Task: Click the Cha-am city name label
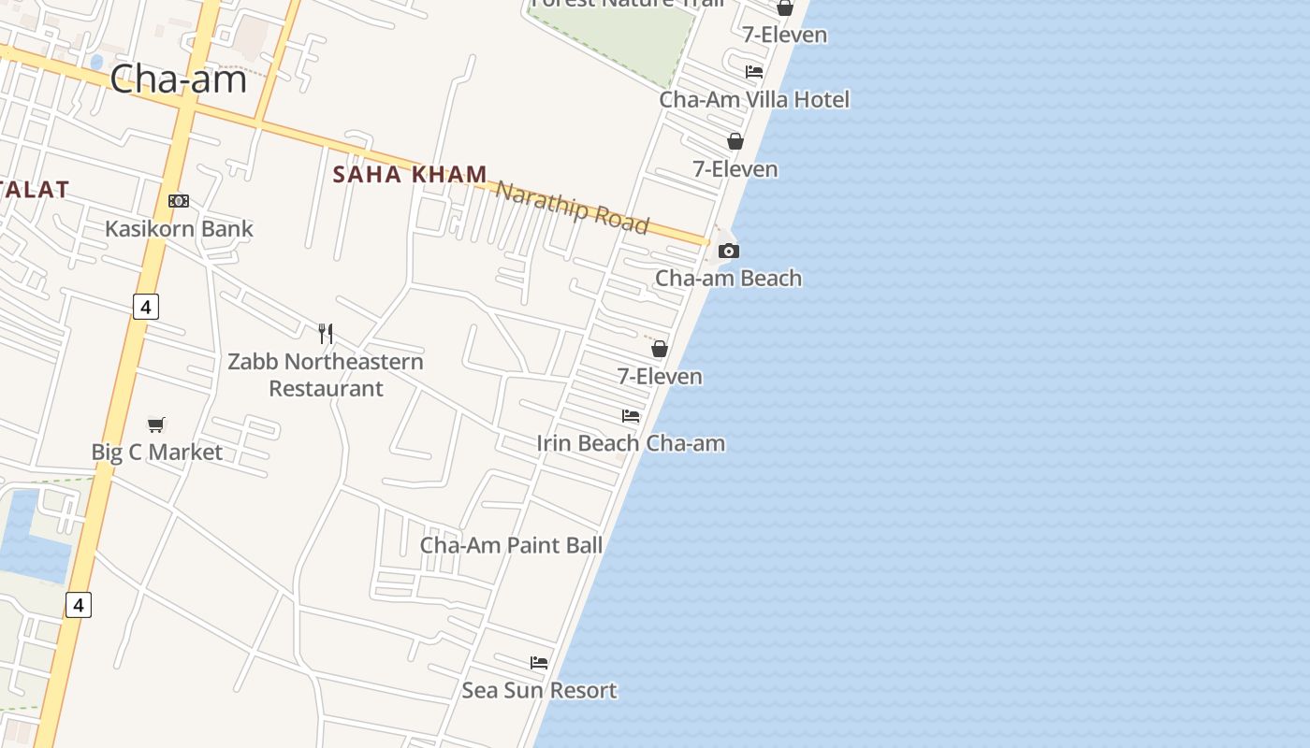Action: coord(178,79)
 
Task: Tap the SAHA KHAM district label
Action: coord(410,174)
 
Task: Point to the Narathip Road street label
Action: coord(572,208)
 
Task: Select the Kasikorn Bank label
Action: coord(179,228)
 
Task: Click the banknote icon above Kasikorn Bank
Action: coord(179,201)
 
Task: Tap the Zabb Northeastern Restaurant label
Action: coord(326,374)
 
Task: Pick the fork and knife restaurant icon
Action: coord(326,333)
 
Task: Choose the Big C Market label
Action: coord(157,453)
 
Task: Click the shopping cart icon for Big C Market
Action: coord(156,425)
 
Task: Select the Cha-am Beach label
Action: coord(728,278)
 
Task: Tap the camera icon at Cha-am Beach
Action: coord(728,251)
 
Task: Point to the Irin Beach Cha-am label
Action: coord(631,443)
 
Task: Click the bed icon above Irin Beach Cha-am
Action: coord(631,416)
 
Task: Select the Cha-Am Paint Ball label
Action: coord(511,545)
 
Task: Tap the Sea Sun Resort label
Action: coord(539,690)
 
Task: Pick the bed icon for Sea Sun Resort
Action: coord(539,663)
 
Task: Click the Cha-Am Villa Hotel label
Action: coord(754,99)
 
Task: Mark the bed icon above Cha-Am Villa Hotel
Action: coord(754,72)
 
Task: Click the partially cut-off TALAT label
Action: coord(35,190)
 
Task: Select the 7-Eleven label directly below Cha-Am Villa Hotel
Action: coord(735,169)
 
